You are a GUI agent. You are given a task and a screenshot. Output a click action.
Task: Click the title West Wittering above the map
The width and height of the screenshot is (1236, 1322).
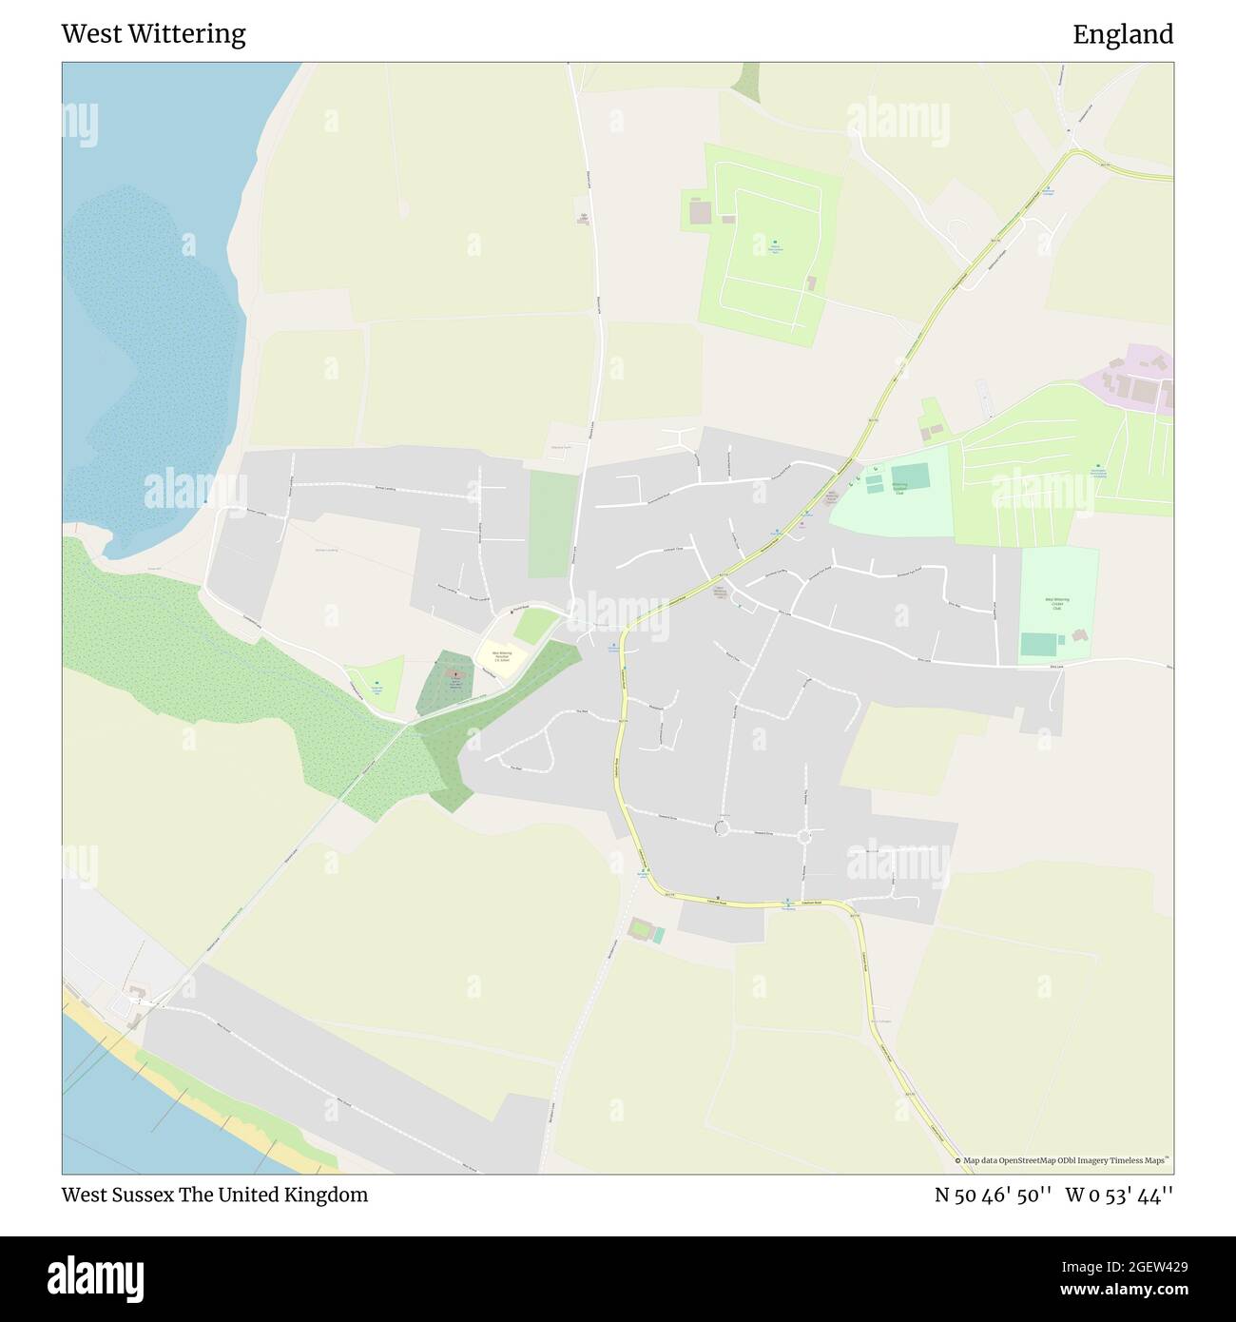(153, 34)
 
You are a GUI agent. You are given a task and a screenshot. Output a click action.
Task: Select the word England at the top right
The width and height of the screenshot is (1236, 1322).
(1122, 34)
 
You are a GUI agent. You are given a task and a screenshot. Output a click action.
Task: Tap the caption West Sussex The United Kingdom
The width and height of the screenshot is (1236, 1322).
(214, 1195)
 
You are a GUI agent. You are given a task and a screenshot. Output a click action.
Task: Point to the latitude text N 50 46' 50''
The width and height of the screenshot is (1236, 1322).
(993, 1195)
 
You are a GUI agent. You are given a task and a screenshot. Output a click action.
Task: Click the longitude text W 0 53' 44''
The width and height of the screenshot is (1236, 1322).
(1119, 1195)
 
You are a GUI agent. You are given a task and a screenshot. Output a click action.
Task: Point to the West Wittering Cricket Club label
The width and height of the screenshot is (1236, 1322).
(1057, 605)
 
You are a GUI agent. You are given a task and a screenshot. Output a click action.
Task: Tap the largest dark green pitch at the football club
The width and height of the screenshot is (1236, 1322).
(910, 475)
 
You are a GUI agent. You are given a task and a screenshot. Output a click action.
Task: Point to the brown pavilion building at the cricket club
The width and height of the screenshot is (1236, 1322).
(1079, 635)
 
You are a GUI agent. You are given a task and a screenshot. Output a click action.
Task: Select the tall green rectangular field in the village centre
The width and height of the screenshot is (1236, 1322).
(552, 524)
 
